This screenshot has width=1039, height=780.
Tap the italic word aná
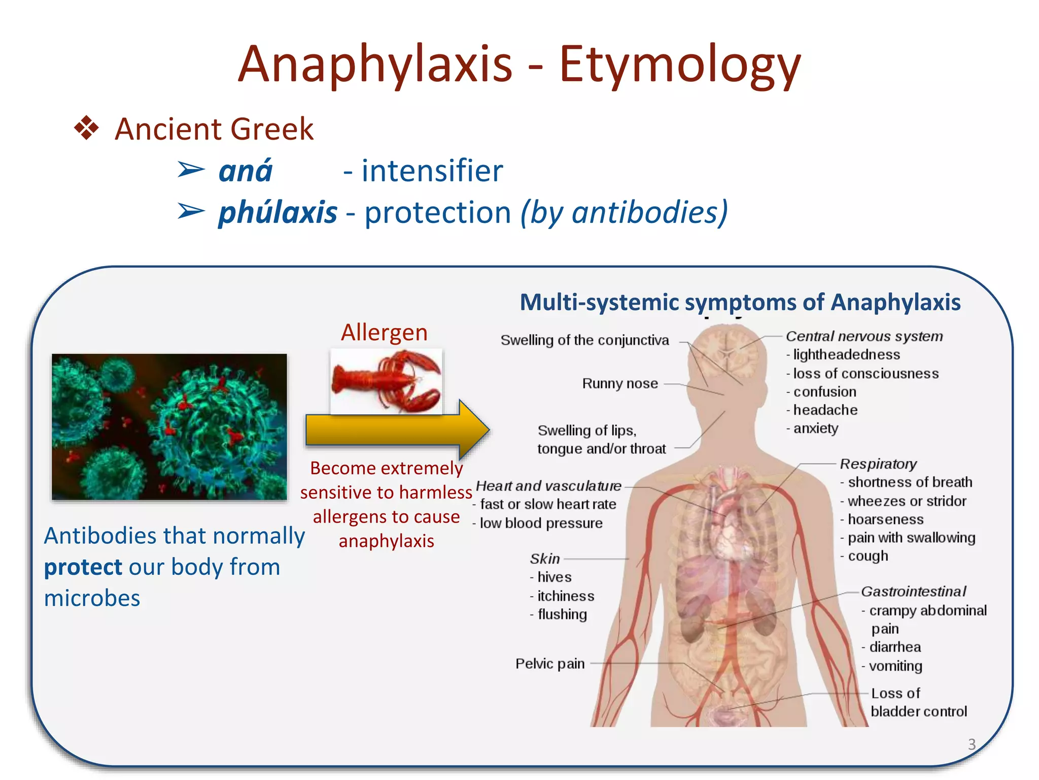coord(246,171)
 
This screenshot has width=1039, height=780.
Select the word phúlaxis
coord(278,212)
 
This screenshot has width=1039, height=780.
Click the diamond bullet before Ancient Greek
coord(87,128)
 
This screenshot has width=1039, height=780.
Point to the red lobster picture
coord(386,381)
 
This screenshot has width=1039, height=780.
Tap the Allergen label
coord(384,333)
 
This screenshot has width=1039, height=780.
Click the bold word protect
coord(83,567)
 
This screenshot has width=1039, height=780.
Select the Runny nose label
coord(619,383)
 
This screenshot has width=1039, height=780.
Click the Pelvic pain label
coord(550,664)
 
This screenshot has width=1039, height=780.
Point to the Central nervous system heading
coord(864,336)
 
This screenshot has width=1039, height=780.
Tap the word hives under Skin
coord(554,577)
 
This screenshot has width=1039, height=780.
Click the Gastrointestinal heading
coord(913,592)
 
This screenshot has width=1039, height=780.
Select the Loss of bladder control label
coord(918,702)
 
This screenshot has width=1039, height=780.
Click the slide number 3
coord(972,744)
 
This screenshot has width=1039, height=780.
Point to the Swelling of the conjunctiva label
coord(584,340)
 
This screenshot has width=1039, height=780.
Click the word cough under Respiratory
coord(868,556)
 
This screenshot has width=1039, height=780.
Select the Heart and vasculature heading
coord(548,486)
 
